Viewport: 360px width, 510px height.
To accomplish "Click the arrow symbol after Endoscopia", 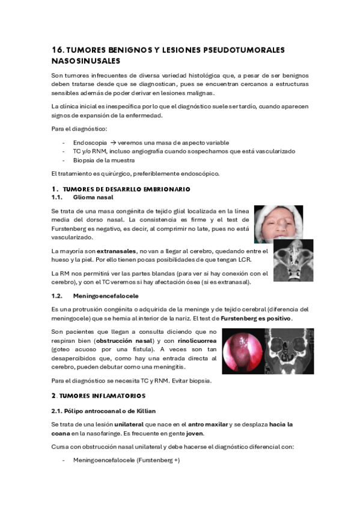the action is coord(112,143).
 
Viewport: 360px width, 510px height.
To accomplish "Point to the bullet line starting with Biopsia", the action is coord(100,160).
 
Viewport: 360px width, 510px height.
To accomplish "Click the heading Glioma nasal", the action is coord(93,197).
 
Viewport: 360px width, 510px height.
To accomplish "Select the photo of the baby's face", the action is coord(278,224).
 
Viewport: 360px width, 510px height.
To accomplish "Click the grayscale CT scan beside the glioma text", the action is coord(293,260).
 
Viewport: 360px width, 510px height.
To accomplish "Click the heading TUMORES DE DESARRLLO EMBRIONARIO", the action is coord(126,189).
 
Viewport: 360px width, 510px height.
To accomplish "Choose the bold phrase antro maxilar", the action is coord(211,424).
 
